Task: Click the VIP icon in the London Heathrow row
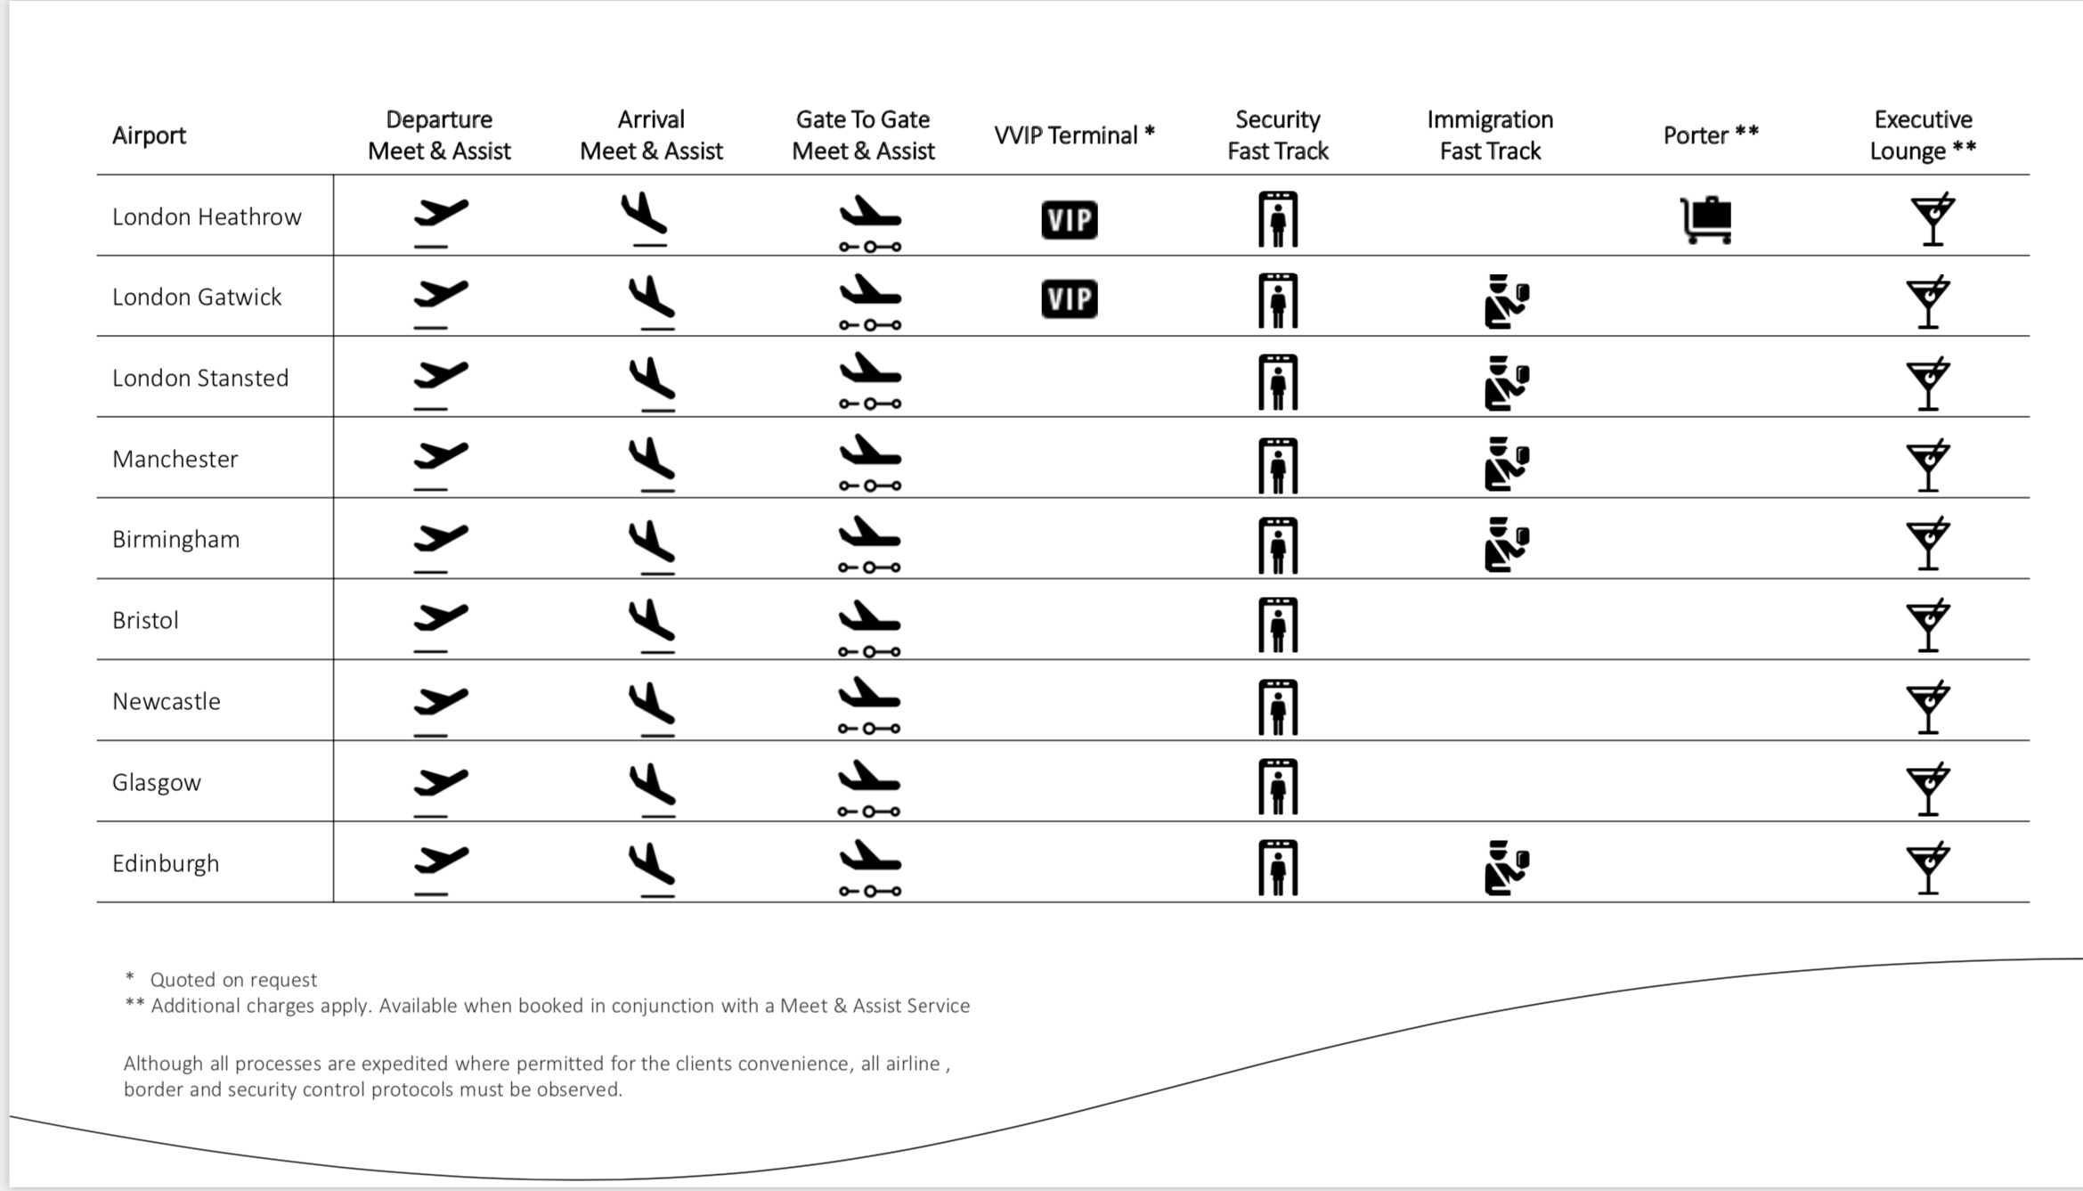1069,219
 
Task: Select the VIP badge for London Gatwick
1069,298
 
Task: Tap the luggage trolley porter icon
1706,219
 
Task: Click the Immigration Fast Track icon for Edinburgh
1506,867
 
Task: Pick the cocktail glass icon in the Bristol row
1928,625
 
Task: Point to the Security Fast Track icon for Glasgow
1278,787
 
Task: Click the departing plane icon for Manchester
440,463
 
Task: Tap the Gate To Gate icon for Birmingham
869,543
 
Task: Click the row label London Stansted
200,378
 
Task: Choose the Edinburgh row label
166,863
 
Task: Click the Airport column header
149,135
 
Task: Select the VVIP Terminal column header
1074,135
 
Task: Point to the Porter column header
1710,135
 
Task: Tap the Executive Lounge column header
1923,135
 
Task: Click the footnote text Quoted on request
232,980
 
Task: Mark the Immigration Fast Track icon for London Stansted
1506,383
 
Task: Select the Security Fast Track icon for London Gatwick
1278,301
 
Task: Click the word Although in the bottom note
164,1064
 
